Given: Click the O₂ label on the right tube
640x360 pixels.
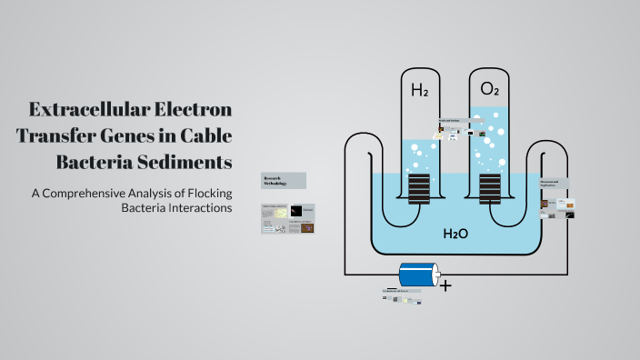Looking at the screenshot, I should tap(489, 89).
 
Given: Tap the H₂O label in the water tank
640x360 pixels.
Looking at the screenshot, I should tap(455, 234).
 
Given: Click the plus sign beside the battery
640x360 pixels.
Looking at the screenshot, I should tap(445, 285).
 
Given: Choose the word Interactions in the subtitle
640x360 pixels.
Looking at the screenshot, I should tap(194, 208).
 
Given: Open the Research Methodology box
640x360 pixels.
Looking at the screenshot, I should tap(284, 180).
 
